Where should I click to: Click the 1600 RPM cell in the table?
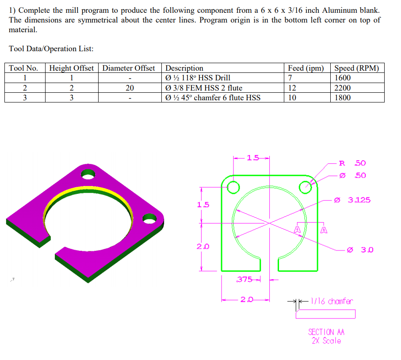tap(343, 78)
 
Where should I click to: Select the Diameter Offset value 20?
tap(129, 88)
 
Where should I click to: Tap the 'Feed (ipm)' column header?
tap(306, 68)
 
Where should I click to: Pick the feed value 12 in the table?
tap(292, 88)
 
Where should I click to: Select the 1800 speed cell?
tap(343, 98)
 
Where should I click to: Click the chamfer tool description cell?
tap(213, 98)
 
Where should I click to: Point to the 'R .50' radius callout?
tap(352, 163)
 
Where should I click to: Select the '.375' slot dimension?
tap(244, 279)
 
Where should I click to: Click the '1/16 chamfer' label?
tap(332, 301)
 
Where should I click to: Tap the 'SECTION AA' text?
tap(326, 332)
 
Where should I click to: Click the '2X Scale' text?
tap(326, 341)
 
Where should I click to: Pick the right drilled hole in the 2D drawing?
tap(306, 188)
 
